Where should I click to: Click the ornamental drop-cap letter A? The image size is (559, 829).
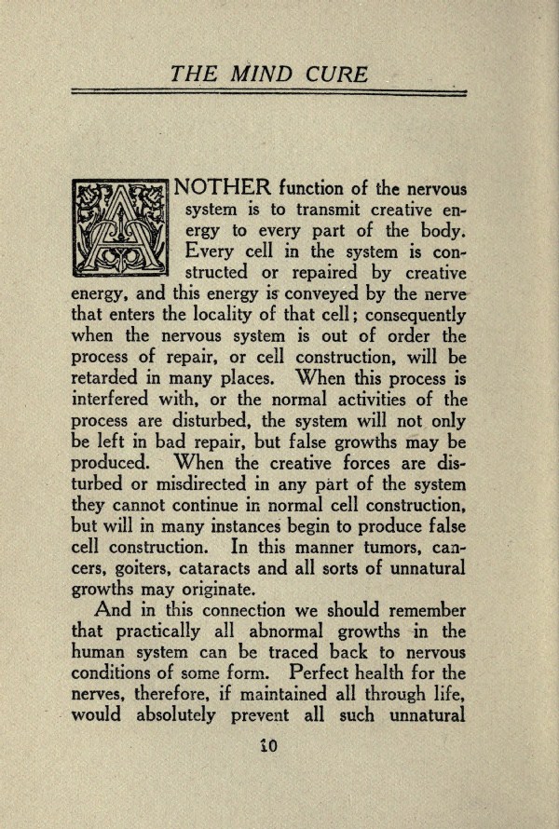(x=118, y=226)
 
